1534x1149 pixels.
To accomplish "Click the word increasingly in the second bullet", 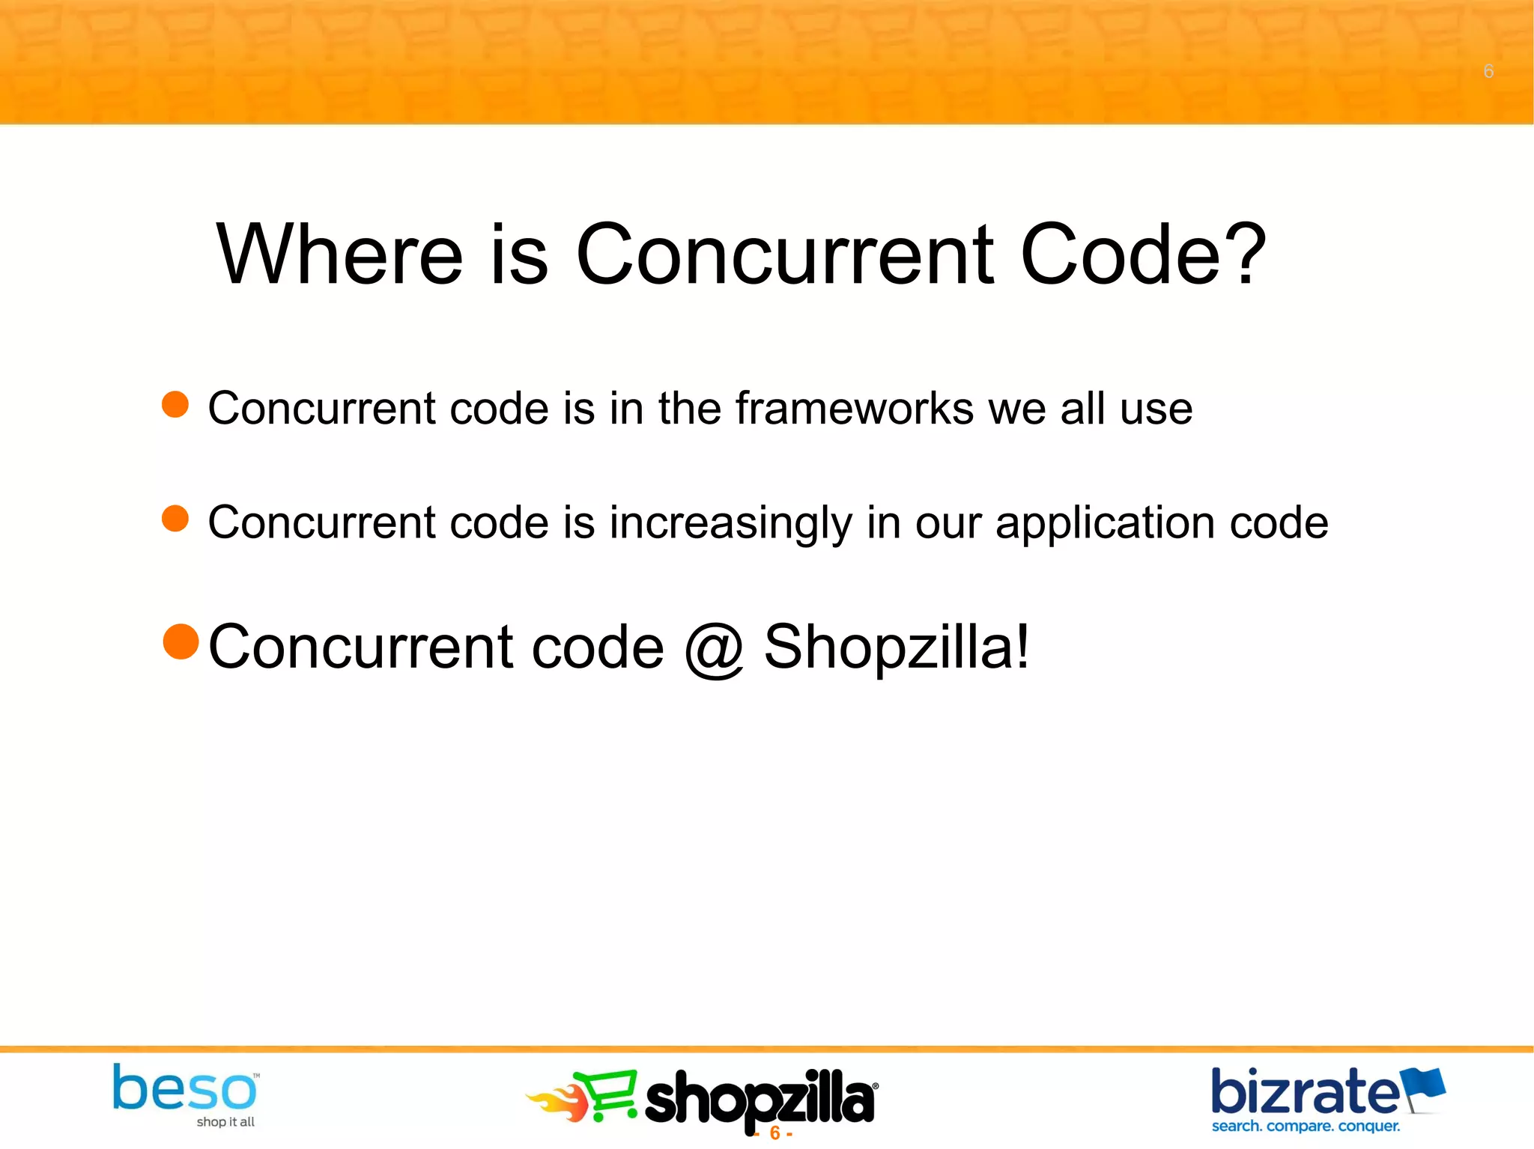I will click(730, 522).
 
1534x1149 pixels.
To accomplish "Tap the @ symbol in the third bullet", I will click(713, 648).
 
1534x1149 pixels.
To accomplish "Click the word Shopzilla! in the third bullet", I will click(897, 647).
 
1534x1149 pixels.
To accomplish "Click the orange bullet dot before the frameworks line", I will click(175, 405).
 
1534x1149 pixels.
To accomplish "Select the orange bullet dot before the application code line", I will click(175, 519).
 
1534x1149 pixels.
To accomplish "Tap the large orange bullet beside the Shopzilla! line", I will click(181, 642).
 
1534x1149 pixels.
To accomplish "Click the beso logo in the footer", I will click(184, 1089).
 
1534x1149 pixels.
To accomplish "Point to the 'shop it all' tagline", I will click(225, 1122).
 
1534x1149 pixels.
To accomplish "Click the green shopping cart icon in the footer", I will click(607, 1096).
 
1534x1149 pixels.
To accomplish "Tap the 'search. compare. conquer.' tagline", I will click(1306, 1127).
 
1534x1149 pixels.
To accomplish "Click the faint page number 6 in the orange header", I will click(1488, 72).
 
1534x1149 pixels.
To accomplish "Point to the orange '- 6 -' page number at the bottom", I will click(774, 1133).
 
